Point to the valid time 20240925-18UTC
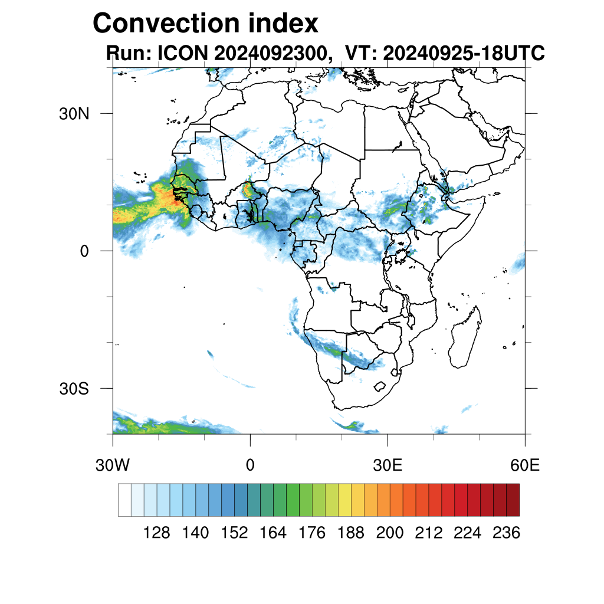pyautogui.click(x=464, y=54)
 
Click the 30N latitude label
pyautogui.click(x=74, y=113)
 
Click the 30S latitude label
pyautogui.click(x=74, y=389)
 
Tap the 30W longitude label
pyautogui.click(x=112, y=465)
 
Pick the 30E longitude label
pyautogui.click(x=388, y=465)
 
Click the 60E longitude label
pyautogui.click(x=525, y=465)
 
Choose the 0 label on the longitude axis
pyautogui.click(x=250, y=465)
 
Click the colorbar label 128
pyautogui.click(x=157, y=533)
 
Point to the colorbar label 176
pyautogui.click(x=312, y=533)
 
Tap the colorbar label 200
pyautogui.click(x=390, y=533)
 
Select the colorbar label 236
pyautogui.click(x=506, y=533)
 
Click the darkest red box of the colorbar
pyautogui.click(x=513, y=500)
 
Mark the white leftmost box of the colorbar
pyautogui.click(x=124, y=500)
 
